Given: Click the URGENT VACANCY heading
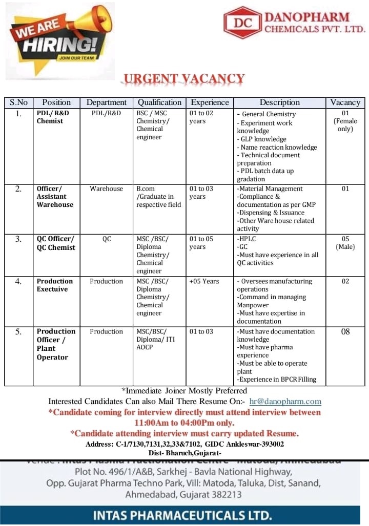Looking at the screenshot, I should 183,79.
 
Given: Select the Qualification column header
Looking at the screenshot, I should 159,102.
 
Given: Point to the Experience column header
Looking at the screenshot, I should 210,102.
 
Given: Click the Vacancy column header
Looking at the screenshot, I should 345,102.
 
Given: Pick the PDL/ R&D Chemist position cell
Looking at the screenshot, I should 53,117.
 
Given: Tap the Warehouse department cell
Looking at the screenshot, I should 106,189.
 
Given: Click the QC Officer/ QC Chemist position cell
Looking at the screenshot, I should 55,243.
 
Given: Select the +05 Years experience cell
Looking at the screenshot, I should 204,281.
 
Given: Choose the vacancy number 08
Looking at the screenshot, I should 345,332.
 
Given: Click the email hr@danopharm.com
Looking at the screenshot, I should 285,402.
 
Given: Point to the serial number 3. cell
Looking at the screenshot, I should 18,239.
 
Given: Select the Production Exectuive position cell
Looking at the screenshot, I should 55,285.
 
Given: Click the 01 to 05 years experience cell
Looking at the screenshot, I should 201,243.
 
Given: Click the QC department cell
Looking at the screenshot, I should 106,239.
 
